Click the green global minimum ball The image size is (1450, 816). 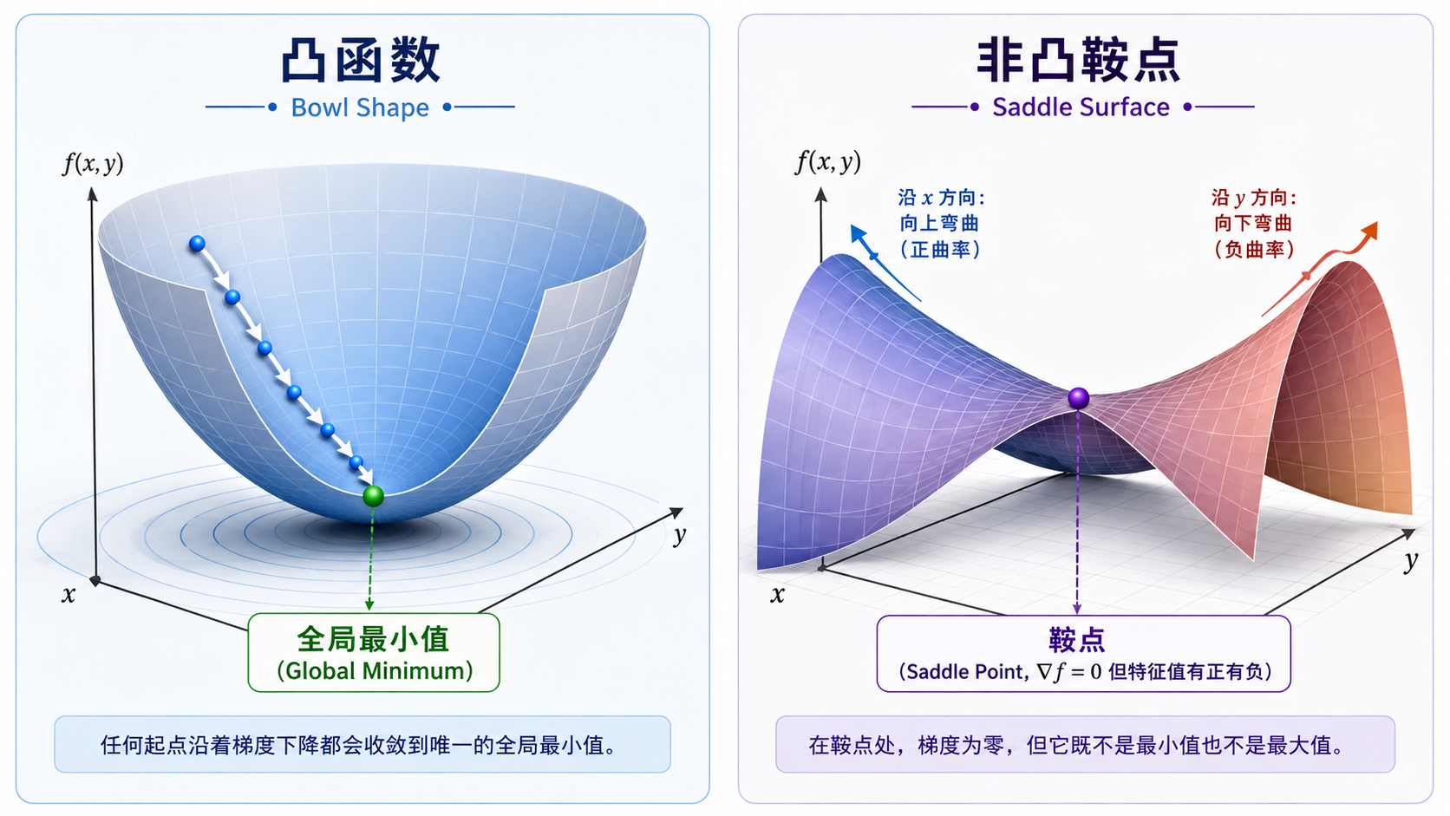coord(374,496)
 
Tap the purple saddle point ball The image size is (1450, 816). coord(1079,398)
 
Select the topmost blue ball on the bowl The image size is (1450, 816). coord(197,244)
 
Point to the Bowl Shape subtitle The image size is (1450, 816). coord(360,108)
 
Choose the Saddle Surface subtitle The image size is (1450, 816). coord(1081,108)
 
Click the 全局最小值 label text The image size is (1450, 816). coord(373,639)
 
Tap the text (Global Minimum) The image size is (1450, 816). coord(374,671)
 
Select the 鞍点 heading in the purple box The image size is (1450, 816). coord(1077,640)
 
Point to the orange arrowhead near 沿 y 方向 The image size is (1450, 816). coord(1369,231)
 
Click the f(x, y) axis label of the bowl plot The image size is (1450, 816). coord(93,163)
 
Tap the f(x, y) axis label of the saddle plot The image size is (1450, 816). coord(828,162)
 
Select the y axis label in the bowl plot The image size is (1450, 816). coord(679,535)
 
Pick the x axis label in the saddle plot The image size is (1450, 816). coord(777,594)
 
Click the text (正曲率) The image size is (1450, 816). coord(940,249)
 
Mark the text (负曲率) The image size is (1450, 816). coord(1254,249)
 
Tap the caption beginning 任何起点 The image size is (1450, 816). coord(359,746)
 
